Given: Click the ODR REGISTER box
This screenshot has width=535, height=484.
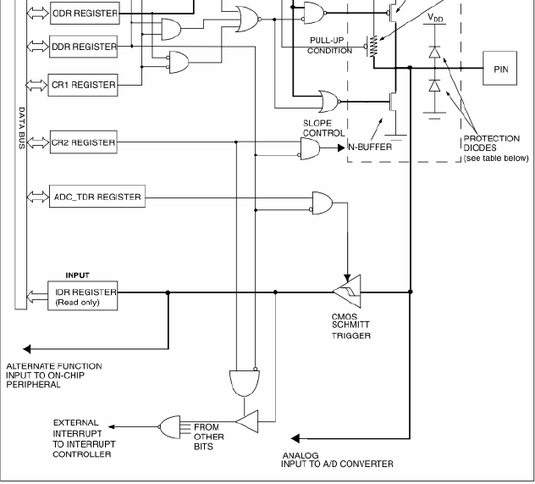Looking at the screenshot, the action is [85, 14].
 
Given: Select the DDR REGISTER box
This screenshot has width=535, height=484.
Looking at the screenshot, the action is [84, 47].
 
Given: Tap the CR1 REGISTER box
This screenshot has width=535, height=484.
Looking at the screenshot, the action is [83, 85].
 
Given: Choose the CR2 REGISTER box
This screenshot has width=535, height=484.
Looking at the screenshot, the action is [84, 142].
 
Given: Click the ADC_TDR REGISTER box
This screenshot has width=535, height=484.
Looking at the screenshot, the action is [97, 197].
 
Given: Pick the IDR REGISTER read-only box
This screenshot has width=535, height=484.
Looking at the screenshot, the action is [83, 296].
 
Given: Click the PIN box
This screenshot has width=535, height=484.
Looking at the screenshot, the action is [499, 69].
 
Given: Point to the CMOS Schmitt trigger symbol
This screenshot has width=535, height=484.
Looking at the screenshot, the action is [347, 292].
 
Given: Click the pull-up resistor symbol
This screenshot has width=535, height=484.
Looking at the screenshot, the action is [374, 46].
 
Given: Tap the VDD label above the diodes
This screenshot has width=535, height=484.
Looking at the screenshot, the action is [435, 17].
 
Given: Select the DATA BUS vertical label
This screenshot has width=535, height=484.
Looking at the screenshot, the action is [21, 128].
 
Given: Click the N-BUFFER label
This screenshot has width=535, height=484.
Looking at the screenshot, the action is [370, 147].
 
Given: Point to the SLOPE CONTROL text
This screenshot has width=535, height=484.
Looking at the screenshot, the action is [324, 128].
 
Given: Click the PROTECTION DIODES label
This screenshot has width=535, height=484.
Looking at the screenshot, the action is [491, 143].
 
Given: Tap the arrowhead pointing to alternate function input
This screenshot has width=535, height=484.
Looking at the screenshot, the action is [26, 348].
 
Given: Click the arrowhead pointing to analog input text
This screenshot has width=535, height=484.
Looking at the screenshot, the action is [295, 438].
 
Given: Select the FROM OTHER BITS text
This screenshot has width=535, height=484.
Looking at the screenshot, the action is [208, 437].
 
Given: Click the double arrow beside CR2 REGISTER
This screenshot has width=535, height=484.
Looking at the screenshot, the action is [38, 142].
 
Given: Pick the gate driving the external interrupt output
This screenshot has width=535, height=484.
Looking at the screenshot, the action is [169, 427].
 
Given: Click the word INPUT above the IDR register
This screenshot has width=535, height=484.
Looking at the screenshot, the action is [77, 275].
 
